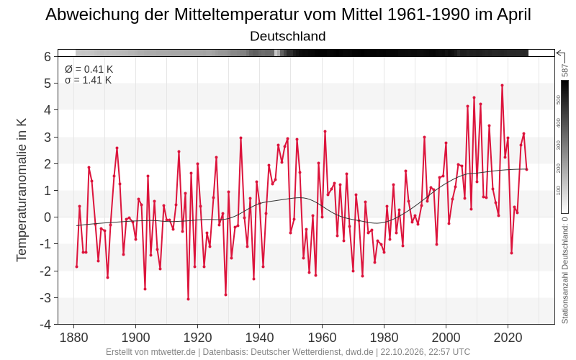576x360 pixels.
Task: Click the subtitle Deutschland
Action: tap(287, 36)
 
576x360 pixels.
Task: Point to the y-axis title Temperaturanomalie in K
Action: tap(22, 190)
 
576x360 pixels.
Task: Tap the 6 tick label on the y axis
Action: tap(48, 57)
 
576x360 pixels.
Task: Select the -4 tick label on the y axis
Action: tap(45, 325)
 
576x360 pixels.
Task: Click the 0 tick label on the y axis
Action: tap(48, 217)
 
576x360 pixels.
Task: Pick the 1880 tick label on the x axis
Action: tap(73, 337)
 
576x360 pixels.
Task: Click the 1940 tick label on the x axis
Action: tap(259, 337)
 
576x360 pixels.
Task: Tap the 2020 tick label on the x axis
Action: tap(508, 337)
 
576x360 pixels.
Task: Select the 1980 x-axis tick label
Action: tap(384, 337)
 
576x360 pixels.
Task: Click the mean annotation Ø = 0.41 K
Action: tap(89, 69)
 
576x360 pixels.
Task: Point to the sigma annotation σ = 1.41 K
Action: tap(88, 80)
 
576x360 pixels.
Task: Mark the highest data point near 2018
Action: tap(502, 85)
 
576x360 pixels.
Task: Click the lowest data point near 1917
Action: tap(188, 299)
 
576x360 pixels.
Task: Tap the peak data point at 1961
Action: tap(325, 131)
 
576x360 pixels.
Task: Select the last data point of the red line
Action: tap(526, 169)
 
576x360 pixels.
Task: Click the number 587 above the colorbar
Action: tap(565, 71)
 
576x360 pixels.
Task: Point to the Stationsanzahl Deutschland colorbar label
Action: tap(565, 270)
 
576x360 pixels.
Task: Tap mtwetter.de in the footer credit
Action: tap(173, 352)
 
